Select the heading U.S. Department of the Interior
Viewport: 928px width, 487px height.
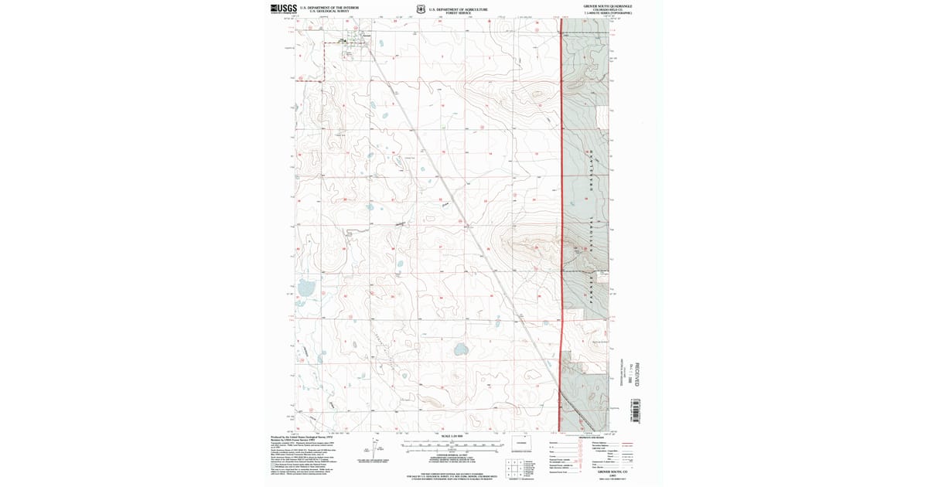(334, 7)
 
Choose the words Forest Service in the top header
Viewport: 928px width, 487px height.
(459, 13)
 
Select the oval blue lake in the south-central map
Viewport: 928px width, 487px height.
(461, 349)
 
